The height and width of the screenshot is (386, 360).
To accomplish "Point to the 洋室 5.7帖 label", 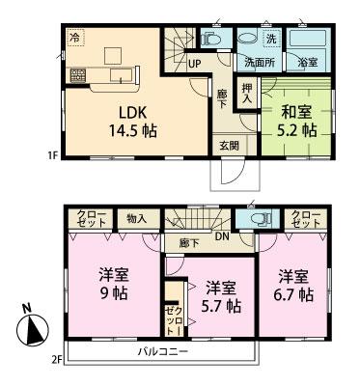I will [x=220, y=296].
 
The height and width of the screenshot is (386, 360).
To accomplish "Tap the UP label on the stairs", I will [x=194, y=64].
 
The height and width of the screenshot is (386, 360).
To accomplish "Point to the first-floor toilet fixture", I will [x=211, y=40].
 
